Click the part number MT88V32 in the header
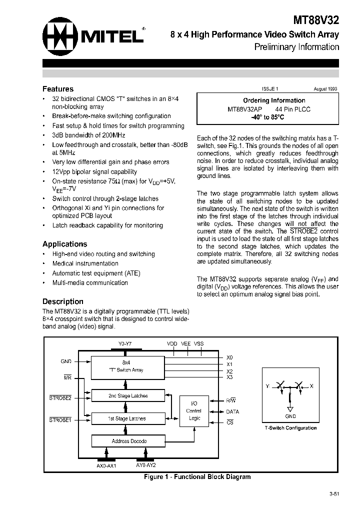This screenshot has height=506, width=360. coord(316,20)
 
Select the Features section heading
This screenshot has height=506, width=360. coord(58,88)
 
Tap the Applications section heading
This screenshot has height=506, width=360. coord(64,244)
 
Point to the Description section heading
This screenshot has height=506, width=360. coord(62,301)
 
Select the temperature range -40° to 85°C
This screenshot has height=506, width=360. coord(267,117)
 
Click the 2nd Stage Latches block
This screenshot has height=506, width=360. coord(128,395)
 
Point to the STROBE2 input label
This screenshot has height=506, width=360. coord(60,398)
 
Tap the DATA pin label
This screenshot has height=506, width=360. coord(232,411)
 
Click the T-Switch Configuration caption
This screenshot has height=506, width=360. coord(290,428)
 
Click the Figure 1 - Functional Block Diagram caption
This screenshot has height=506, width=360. coord(197,476)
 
